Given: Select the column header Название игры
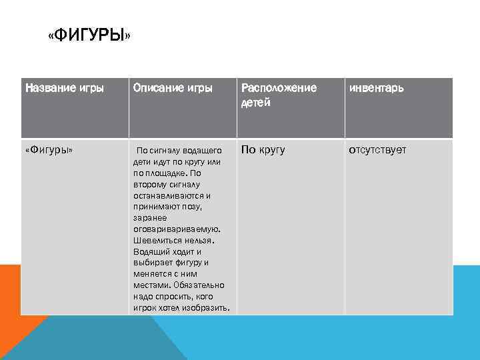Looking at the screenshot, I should [x=64, y=88].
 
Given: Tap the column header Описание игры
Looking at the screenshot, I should [x=173, y=88].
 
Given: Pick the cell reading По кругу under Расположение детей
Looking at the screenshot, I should [x=263, y=150].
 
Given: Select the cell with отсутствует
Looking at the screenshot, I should [x=377, y=150].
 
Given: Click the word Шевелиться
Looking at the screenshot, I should [x=157, y=241].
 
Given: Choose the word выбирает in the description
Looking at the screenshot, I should [x=153, y=263].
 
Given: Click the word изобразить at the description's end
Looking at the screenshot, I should [x=208, y=307].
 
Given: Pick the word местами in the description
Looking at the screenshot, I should [x=151, y=285].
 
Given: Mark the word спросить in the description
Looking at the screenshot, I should [x=175, y=297].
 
